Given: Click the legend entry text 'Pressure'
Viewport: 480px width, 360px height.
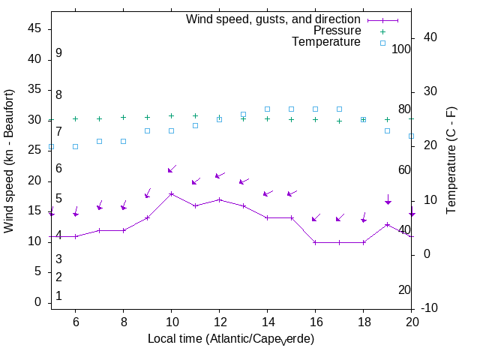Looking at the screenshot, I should pos(337,31).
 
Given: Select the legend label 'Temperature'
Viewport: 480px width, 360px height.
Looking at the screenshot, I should pos(326,42).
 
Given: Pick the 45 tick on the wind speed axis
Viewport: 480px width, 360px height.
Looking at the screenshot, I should pos(34,28).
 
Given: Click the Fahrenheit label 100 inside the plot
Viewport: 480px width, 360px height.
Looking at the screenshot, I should pos(401,49).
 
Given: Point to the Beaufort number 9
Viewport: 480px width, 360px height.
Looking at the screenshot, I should pos(58,53).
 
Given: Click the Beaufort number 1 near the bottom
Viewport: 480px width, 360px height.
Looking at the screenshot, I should pos(58,296).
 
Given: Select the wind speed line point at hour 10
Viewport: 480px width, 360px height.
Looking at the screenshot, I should pos(171,193).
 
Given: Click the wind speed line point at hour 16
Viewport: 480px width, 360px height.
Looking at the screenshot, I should pos(315,242).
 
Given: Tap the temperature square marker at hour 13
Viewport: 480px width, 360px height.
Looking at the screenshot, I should pos(243,115).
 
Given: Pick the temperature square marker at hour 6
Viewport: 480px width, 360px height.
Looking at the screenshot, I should pos(75,146).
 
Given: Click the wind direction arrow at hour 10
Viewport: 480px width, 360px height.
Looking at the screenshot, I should pos(172,169).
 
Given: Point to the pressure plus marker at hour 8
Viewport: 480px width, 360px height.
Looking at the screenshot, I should pos(123,117).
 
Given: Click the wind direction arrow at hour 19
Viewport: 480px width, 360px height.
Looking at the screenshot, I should pos(388,200).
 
